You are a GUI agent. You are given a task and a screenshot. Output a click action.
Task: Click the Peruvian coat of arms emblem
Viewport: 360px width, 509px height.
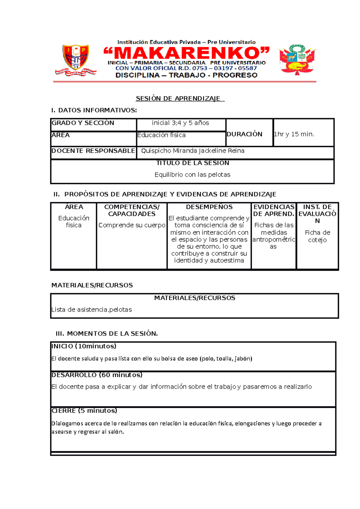(x=297, y=59)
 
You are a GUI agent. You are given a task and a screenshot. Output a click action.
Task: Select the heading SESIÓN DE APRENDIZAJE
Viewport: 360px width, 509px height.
(x=180, y=99)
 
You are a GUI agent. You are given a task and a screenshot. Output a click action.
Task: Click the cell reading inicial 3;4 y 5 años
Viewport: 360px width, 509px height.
(x=180, y=123)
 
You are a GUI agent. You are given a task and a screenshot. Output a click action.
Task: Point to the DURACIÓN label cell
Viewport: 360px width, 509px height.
(x=244, y=134)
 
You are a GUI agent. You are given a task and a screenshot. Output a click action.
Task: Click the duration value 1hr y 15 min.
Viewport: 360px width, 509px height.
(x=294, y=134)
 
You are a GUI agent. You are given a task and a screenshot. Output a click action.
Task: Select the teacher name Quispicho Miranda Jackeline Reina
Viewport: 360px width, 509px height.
(x=193, y=151)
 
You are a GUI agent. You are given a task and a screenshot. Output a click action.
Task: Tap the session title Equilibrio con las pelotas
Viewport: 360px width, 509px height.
(x=192, y=175)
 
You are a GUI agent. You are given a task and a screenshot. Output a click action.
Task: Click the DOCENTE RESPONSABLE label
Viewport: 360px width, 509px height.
(x=93, y=151)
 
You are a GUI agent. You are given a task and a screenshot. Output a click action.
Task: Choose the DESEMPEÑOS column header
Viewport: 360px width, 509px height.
(x=209, y=207)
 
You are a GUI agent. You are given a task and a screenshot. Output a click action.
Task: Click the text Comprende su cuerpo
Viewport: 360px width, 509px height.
(x=132, y=225)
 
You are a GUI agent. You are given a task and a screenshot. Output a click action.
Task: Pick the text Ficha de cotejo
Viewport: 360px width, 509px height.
(x=317, y=236)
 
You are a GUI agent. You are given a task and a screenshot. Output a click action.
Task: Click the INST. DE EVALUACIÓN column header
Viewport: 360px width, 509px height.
(x=317, y=214)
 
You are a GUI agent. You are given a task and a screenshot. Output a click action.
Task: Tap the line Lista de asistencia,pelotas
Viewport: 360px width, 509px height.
(x=92, y=310)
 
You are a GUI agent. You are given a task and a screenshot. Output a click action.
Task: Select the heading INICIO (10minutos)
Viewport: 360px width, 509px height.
(x=84, y=346)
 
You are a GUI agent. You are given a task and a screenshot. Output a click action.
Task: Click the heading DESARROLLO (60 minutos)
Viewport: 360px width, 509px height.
(x=97, y=375)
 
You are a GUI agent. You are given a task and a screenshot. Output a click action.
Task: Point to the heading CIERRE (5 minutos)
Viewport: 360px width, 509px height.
(x=84, y=411)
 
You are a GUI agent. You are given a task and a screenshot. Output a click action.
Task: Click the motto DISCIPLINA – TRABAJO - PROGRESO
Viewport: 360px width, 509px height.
(x=186, y=75)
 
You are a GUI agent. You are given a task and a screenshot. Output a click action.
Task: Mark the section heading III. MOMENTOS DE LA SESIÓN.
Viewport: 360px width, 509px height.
(x=107, y=334)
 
